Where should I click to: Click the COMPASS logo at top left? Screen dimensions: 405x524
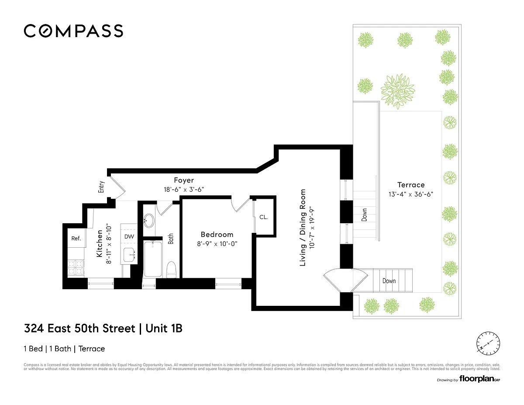pos(73,31)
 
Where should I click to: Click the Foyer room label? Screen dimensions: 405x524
pos(184,180)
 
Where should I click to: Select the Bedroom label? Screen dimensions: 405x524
pos(217,235)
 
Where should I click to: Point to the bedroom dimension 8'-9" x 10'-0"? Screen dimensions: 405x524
pos(217,244)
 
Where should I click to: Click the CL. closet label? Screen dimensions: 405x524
pos(263,217)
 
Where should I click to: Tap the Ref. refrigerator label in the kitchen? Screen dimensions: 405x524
pos(76,239)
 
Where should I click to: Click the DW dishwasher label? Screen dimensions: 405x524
pos(129,236)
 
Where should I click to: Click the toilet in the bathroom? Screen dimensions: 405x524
pos(171,269)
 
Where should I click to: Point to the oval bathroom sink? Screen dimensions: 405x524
pos(149,221)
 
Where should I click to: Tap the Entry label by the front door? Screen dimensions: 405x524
pos(101,187)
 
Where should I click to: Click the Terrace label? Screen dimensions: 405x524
pos(410,185)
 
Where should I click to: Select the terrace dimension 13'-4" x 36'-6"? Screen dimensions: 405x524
pos(410,194)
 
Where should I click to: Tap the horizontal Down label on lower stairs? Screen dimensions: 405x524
pos(389,281)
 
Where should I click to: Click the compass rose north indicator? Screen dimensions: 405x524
pos(487,343)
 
